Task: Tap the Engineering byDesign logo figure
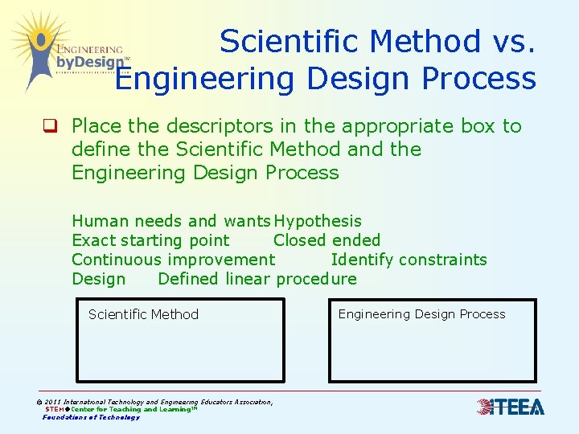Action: (36, 48)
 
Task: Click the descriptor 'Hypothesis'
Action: (318, 221)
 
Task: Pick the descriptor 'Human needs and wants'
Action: (171, 221)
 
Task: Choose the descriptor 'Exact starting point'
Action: (150, 240)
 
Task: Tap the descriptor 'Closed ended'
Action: (326, 240)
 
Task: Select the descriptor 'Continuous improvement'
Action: (173, 260)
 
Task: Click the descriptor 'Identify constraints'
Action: (409, 260)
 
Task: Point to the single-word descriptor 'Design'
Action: (99, 279)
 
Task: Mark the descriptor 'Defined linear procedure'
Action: (257, 279)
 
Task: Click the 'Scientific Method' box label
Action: (143, 314)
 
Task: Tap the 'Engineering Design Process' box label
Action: (421, 314)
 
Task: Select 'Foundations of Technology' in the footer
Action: (91, 417)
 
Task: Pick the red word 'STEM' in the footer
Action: (54, 409)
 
